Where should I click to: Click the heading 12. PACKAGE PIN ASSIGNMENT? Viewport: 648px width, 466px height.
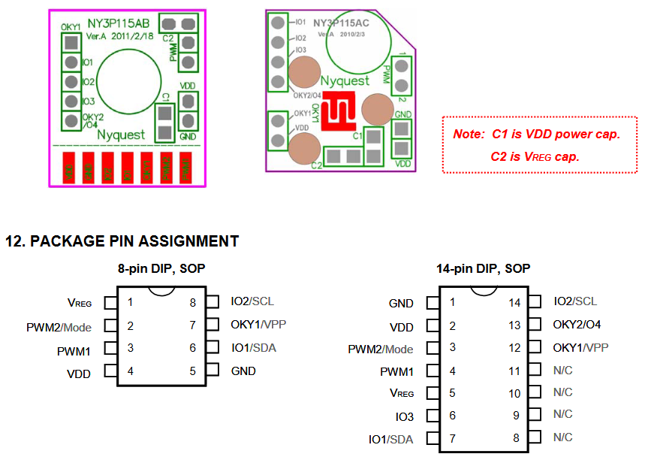point(122,241)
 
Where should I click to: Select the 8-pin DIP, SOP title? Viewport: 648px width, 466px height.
point(161,268)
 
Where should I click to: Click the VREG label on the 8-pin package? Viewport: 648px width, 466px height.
point(80,303)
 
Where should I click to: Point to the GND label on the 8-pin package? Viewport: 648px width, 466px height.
point(243,371)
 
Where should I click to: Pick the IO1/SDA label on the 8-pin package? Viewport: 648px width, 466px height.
point(255,348)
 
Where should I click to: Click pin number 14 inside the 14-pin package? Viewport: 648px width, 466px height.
point(514,303)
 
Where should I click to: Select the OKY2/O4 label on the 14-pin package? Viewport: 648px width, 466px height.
point(577,325)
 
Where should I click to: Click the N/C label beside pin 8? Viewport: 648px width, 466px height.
point(562,437)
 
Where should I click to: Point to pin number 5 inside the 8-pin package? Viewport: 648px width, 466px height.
point(193,371)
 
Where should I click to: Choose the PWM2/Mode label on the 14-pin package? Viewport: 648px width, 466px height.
point(381,349)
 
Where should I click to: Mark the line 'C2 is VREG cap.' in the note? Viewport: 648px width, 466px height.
point(535,156)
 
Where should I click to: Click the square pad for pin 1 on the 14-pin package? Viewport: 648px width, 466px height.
point(433,303)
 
